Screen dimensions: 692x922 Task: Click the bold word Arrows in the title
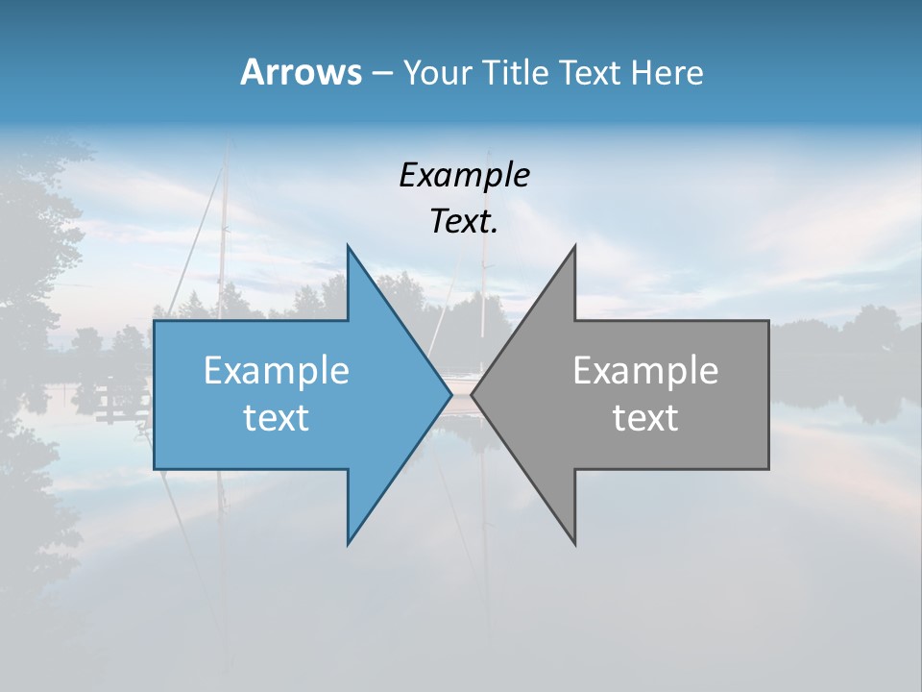[x=300, y=72]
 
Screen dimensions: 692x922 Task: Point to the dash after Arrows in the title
[x=381, y=74]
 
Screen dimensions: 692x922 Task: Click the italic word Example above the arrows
[x=464, y=176]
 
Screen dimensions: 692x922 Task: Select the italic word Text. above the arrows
[x=464, y=222]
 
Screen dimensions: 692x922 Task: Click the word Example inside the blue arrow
[x=277, y=371]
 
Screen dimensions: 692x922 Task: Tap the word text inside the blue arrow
[x=277, y=418]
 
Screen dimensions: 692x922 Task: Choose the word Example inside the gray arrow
[x=645, y=371]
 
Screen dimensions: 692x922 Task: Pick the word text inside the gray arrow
[x=645, y=418]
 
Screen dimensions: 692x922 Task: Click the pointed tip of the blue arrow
[x=450, y=395]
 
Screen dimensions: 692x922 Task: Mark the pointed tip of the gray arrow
[x=472, y=395]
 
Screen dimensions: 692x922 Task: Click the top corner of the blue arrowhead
[x=349, y=247]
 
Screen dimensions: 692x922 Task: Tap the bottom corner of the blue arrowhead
[x=349, y=543]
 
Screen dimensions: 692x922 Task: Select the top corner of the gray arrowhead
[x=574, y=247]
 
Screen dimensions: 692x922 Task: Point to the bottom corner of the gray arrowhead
[x=574, y=543]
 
